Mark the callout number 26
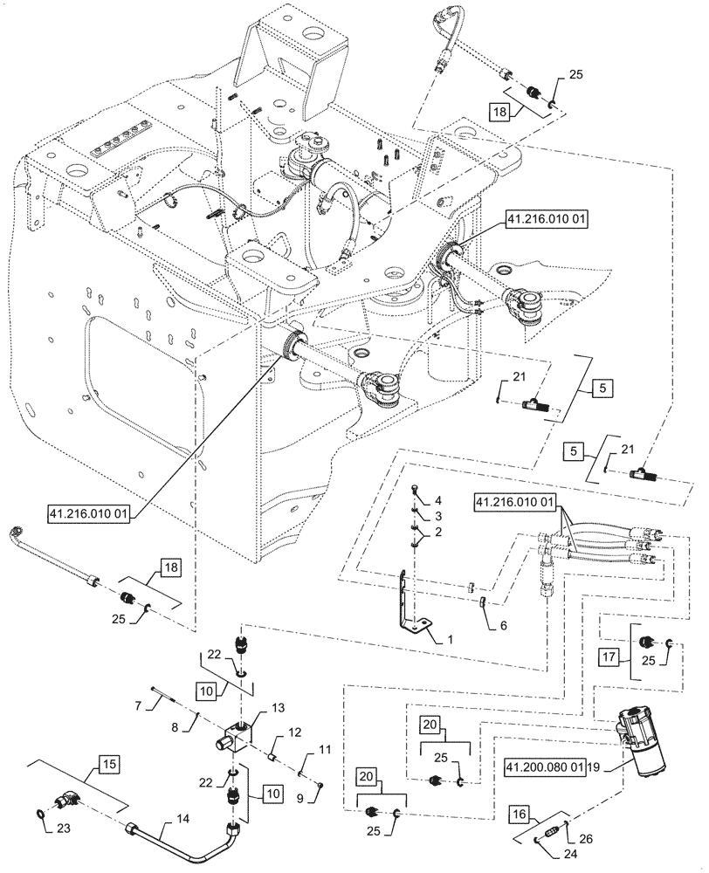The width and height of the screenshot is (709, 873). pyautogui.click(x=584, y=838)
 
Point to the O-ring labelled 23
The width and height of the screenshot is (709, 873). pyautogui.click(x=41, y=815)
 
